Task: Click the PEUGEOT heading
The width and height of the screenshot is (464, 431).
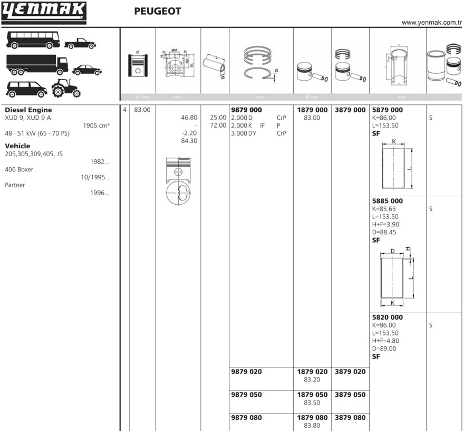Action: [157, 11]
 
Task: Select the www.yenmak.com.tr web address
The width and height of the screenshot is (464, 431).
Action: [431, 22]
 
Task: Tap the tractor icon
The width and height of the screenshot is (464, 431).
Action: [66, 88]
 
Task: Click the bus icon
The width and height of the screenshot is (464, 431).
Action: [33, 40]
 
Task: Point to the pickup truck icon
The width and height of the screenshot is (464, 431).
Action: [80, 43]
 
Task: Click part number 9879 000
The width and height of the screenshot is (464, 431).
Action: [246, 110]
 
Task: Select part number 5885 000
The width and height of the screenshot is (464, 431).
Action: [387, 201]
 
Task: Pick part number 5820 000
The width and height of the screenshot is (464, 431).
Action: [387, 317]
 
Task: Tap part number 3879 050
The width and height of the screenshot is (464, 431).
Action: [350, 395]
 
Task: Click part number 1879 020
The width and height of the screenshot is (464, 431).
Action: [312, 371]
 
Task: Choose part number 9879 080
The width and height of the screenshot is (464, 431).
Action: [246, 417]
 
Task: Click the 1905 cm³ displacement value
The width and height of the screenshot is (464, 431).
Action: [96, 126]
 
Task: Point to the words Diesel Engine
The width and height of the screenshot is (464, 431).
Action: [28, 110]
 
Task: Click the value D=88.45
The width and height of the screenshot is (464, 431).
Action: [384, 232]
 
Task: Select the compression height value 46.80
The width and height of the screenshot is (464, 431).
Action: [189, 118]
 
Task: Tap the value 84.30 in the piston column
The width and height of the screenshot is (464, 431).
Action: [189, 141]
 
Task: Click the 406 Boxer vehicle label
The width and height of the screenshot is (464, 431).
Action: [19, 169]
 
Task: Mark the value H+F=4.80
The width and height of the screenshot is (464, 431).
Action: [385, 341]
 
